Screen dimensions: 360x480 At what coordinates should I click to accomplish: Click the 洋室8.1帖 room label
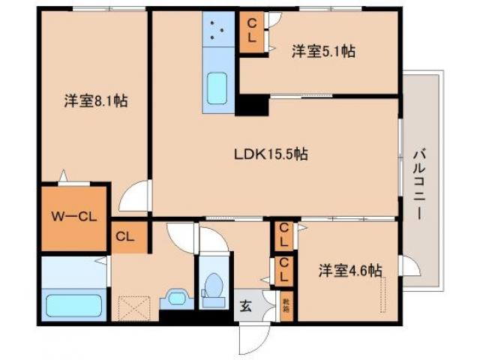coord(94,100)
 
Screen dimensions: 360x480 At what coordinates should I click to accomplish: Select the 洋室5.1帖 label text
coord(323,51)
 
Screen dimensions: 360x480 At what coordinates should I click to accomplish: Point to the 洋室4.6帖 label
coord(350,269)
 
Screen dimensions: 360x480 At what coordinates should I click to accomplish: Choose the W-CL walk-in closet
coord(73,217)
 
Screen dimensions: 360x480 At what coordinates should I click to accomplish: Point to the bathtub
coord(73,305)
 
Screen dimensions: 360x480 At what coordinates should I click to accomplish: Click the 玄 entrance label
coord(245,306)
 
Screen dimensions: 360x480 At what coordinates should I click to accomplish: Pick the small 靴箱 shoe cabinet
coord(286,306)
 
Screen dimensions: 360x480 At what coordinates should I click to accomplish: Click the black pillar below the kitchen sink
coord(253,105)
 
